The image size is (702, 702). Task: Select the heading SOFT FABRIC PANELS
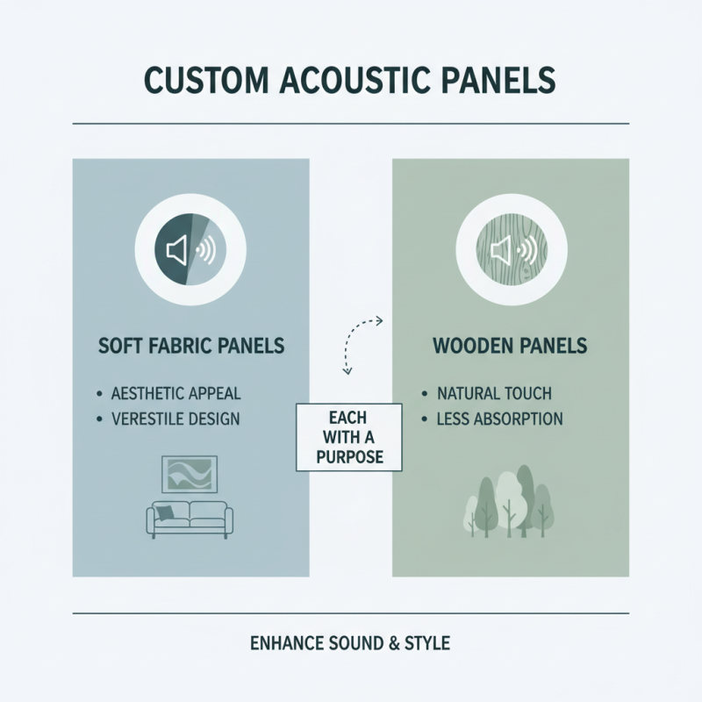[190, 345]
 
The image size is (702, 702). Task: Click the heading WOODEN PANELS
[510, 345]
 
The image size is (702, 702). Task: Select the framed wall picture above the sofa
[190, 473]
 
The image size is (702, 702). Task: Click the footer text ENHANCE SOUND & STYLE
[350, 644]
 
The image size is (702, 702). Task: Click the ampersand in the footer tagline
[391, 644]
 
